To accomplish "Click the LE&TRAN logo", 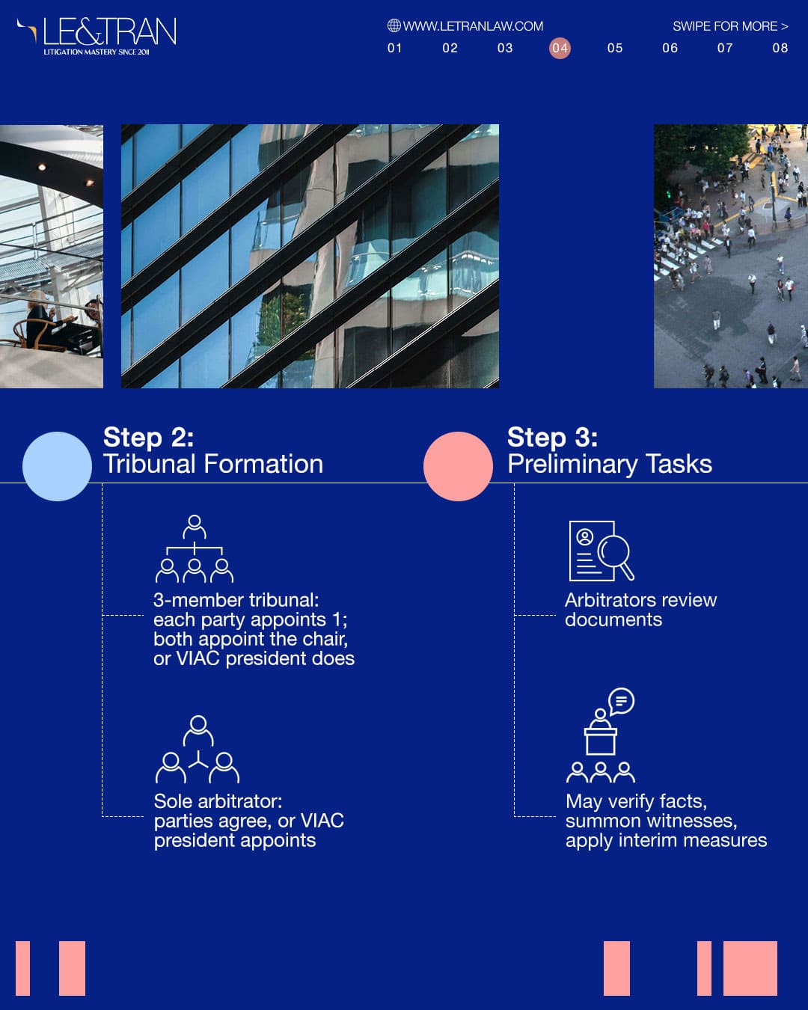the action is (x=97, y=37).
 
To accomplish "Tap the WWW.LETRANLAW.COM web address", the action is (x=473, y=26).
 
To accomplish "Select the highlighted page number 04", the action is (x=560, y=48).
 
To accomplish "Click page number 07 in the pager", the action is (x=725, y=48).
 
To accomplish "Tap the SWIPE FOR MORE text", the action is (x=730, y=26).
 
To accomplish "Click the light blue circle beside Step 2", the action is (x=58, y=466).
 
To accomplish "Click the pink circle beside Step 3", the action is (x=458, y=466).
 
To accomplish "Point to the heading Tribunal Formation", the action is (x=213, y=464).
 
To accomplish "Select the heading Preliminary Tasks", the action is (x=610, y=464).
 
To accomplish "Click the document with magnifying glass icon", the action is (x=602, y=551).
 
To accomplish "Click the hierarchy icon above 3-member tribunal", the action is (x=195, y=548).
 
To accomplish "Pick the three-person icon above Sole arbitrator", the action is (x=198, y=750).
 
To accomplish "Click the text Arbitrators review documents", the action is (x=641, y=610).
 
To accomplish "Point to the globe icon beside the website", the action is (x=394, y=25).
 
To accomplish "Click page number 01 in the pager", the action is (x=395, y=48).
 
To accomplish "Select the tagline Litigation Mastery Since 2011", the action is (x=97, y=52).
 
